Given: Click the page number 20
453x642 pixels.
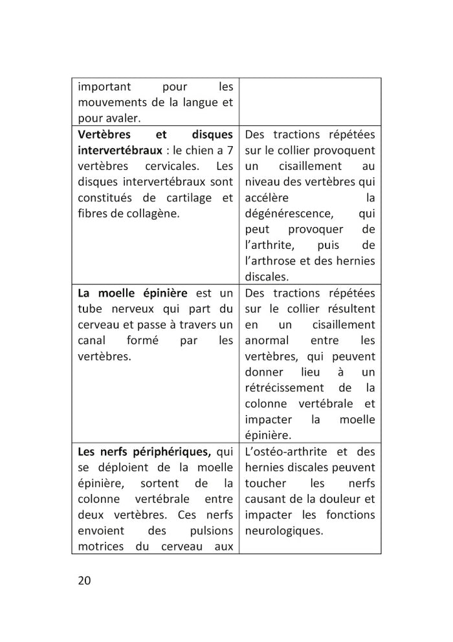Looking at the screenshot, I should [84, 579].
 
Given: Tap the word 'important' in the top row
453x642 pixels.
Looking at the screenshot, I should [104, 87].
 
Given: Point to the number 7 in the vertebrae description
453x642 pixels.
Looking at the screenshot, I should [229, 150].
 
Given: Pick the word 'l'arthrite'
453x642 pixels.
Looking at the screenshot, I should [271, 245].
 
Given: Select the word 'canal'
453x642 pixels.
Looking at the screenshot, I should [92, 340].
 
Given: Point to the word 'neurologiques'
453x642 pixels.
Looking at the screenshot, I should [284, 531].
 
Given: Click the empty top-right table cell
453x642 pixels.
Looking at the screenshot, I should [310, 102].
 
